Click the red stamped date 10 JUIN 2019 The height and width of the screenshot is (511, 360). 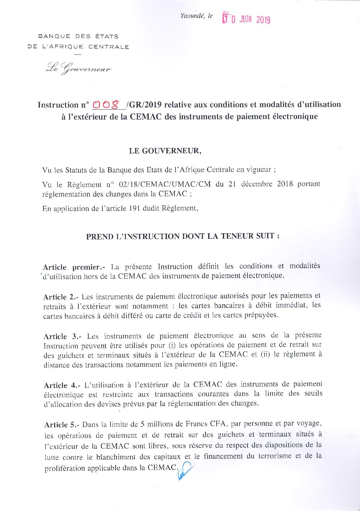point(246,18)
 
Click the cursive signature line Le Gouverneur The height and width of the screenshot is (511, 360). point(78,68)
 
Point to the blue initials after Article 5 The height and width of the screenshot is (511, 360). point(185,471)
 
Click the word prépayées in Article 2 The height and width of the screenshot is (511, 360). point(261,315)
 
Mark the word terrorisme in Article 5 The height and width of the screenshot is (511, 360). point(273,456)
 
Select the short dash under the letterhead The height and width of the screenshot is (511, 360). point(78,54)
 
